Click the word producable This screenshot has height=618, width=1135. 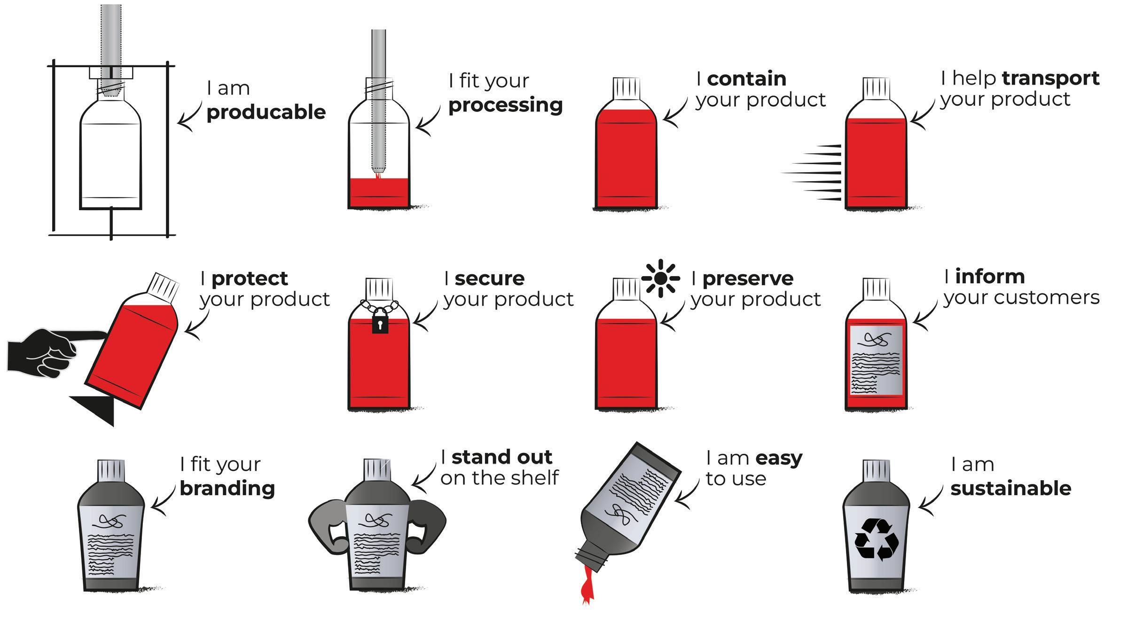coord(266,113)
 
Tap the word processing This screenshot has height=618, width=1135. coord(505,105)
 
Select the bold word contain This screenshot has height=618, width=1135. coord(746,79)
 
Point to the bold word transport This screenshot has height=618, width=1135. coord(1050,79)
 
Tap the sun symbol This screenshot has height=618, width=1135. coord(660,278)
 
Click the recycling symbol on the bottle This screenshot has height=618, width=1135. coord(877,539)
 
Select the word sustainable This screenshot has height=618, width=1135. coord(1010,488)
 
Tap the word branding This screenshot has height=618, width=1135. coord(227,488)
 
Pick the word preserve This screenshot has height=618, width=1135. coord(748,278)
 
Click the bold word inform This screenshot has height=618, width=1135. coord(990,277)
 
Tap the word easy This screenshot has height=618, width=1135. coord(779,458)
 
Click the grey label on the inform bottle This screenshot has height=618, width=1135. coord(877,360)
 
